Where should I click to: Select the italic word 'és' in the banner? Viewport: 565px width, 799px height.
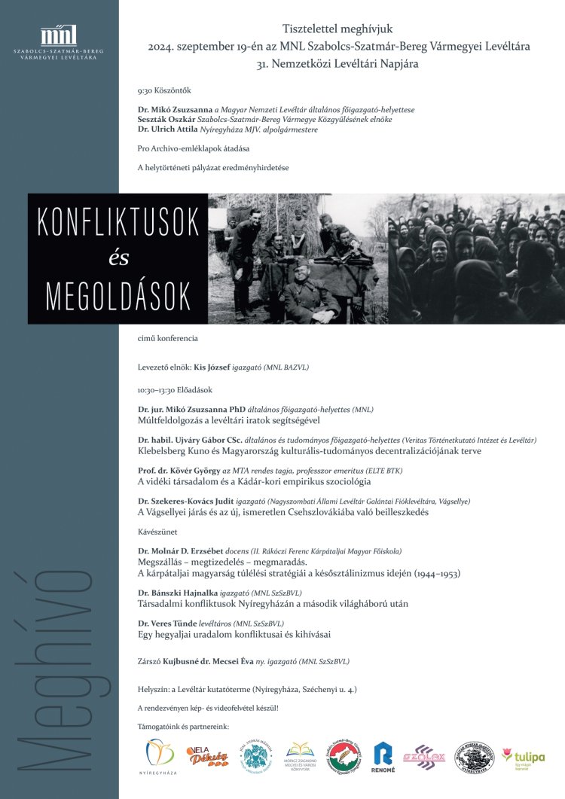pyautogui.click(x=119, y=258)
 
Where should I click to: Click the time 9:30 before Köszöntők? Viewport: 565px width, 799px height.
pyautogui.click(x=145, y=90)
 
